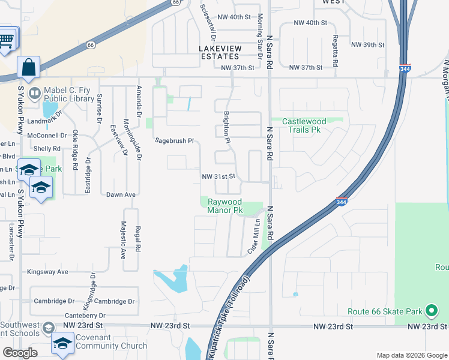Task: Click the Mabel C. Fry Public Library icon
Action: pos(35,94)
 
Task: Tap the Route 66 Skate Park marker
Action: pos(430,311)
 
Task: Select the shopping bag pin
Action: pos(29,68)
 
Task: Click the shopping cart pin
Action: pos(6,41)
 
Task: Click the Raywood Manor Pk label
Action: pos(224,206)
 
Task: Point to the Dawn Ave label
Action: pos(121,195)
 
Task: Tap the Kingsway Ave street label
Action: pos(46,272)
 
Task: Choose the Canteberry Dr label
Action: pos(85,315)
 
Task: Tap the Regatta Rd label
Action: pos(336,55)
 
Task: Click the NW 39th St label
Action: pos(367,45)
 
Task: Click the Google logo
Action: pos(20,353)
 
